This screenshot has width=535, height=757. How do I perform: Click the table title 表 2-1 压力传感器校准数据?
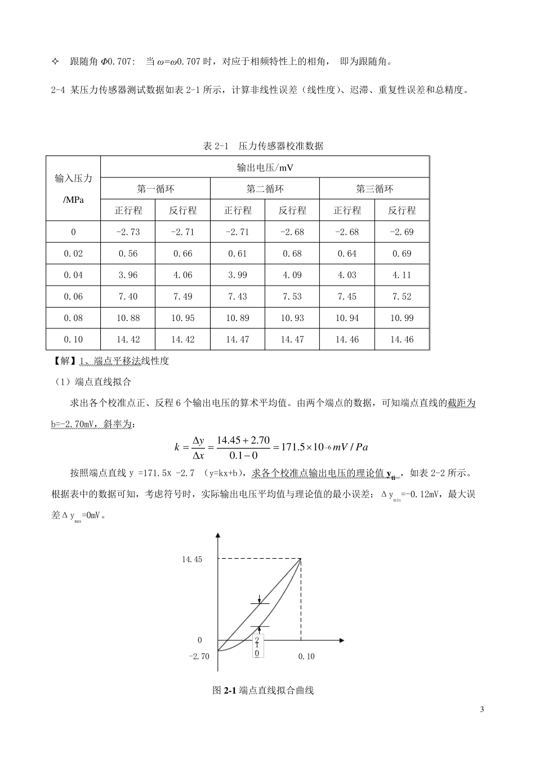(x=263, y=146)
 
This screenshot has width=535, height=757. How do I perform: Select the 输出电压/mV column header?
(x=264, y=167)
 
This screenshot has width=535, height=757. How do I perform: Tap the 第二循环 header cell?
(x=265, y=189)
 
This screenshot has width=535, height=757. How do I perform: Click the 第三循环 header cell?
(x=374, y=189)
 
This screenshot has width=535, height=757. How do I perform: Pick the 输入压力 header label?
(x=73, y=178)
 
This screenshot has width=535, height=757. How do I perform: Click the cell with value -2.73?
(x=127, y=232)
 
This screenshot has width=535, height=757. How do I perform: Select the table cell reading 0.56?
(x=127, y=253)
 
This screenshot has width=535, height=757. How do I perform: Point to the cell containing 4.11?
(x=401, y=275)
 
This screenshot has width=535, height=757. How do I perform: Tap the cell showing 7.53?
(x=292, y=296)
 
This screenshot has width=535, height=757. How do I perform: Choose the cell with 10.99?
(x=401, y=318)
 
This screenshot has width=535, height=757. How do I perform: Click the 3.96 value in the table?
(x=127, y=275)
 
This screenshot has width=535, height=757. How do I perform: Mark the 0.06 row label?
(x=73, y=296)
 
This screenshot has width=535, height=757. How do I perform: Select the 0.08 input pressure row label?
(x=73, y=318)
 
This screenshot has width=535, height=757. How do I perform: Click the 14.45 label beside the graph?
(x=191, y=559)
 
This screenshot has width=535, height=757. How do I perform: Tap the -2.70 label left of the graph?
(x=198, y=656)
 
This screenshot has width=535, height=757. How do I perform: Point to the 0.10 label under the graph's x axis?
(x=306, y=656)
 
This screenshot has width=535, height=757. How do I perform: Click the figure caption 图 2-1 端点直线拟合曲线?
(x=263, y=690)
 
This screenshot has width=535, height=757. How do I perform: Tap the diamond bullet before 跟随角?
(x=55, y=61)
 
